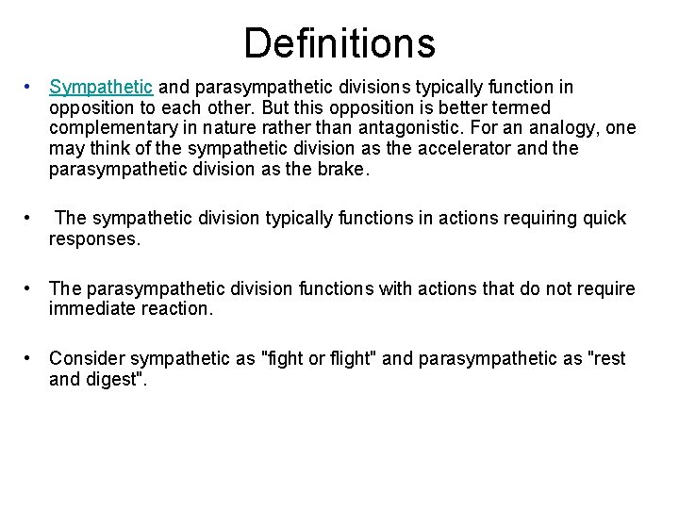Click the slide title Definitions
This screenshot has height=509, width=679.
tap(339, 42)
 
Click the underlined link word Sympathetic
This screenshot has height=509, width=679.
tap(100, 87)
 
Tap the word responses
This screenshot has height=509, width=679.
tap(94, 239)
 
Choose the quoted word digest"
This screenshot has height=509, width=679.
tap(122, 380)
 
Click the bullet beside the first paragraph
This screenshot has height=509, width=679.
tap(30, 87)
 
